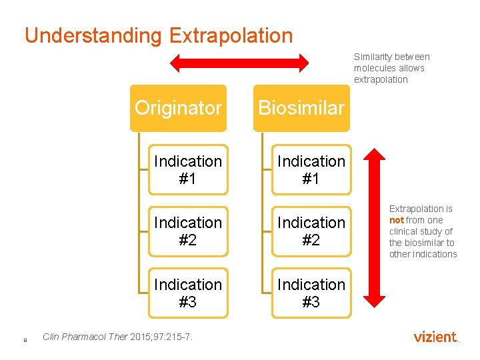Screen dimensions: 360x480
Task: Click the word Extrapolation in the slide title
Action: [x=231, y=35]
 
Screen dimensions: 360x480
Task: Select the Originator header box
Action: [x=178, y=108]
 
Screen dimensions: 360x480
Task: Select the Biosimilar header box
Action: [x=301, y=108]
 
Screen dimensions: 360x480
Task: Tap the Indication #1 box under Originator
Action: [x=188, y=170]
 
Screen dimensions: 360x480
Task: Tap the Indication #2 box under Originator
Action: [x=188, y=231]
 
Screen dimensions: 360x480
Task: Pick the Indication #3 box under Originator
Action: [x=188, y=293]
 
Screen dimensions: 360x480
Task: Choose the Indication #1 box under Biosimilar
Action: [x=311, y=170]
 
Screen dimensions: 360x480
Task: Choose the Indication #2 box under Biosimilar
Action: [x=311, y=231]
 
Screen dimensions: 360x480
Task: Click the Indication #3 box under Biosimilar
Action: [x=311, y=293]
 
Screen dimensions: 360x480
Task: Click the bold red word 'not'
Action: [x=397, y=220]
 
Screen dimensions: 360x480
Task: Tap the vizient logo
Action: [x=436, y=337]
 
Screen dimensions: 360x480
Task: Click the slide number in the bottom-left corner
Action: [x=25, y=340]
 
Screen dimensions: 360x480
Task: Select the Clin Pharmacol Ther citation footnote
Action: [x=117, y=337]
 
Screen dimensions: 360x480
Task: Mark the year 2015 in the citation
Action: [x=141, y=337]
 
